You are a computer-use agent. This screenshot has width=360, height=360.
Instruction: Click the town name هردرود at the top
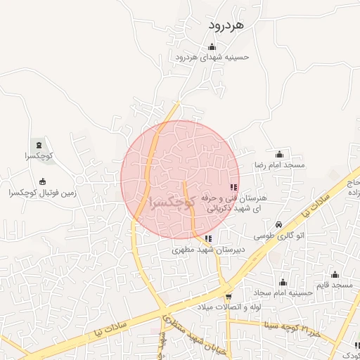(226, 25)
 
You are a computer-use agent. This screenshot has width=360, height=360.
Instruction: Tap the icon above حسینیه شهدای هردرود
(212, 47)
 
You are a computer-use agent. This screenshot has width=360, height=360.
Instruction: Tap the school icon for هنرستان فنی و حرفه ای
(234, 188)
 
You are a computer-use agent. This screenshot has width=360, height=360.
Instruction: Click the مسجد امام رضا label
(279, 165)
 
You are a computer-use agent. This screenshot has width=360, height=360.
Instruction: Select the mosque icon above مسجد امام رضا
(280, 154)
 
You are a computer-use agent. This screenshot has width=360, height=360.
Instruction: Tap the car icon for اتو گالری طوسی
(279, 225)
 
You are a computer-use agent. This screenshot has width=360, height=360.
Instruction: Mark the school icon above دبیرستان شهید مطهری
(207, 238)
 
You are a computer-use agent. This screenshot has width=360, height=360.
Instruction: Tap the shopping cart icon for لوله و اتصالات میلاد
(228, 296)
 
